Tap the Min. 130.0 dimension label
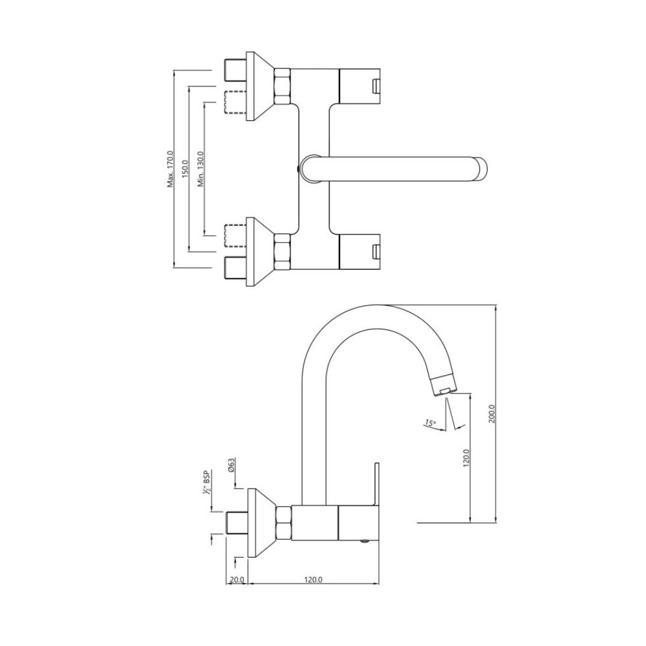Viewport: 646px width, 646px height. tap(200, 169)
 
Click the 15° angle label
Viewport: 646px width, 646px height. tap(430, 423)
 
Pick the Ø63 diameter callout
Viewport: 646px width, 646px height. tap(232, 464)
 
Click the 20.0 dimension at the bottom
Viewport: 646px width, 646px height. tap(237, 579)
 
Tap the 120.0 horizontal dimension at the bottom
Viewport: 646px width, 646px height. tap(313, 579)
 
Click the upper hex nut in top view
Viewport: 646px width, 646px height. tap(282, 86)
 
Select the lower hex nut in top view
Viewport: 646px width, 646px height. tap(282, 251)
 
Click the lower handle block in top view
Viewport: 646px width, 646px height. tap(359, 251)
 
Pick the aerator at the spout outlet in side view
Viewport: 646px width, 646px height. tap(444, 385)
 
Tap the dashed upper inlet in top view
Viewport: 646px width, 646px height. tap(236, 104)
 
